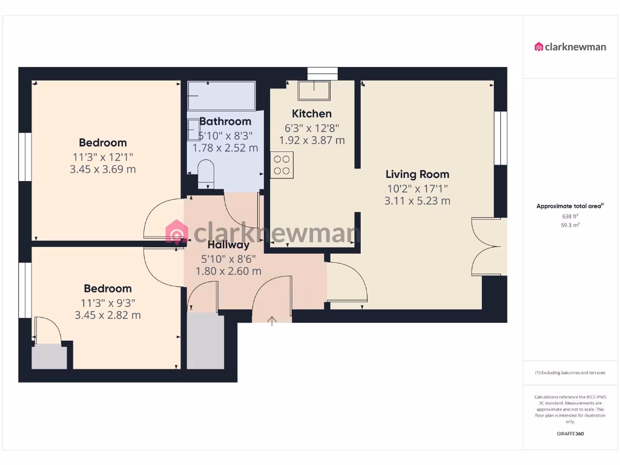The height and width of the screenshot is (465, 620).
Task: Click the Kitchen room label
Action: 312,114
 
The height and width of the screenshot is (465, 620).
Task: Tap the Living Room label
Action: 417,175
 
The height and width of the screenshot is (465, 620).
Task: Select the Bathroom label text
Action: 225,122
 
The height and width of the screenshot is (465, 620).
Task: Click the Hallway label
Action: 228,245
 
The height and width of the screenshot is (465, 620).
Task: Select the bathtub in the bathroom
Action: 221,96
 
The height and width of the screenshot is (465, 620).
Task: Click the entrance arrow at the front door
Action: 272,320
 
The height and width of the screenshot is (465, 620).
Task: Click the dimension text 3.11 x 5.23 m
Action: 417,201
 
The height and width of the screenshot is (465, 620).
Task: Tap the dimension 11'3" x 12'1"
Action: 103,157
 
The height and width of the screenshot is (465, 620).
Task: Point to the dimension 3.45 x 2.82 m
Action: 108,315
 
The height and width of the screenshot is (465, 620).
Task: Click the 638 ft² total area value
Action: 570,216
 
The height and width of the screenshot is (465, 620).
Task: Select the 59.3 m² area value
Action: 570,225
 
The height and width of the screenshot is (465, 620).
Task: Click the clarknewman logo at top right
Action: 570,47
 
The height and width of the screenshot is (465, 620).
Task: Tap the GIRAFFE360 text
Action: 570,434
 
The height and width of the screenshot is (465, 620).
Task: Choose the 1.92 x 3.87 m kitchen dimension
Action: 312,140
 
